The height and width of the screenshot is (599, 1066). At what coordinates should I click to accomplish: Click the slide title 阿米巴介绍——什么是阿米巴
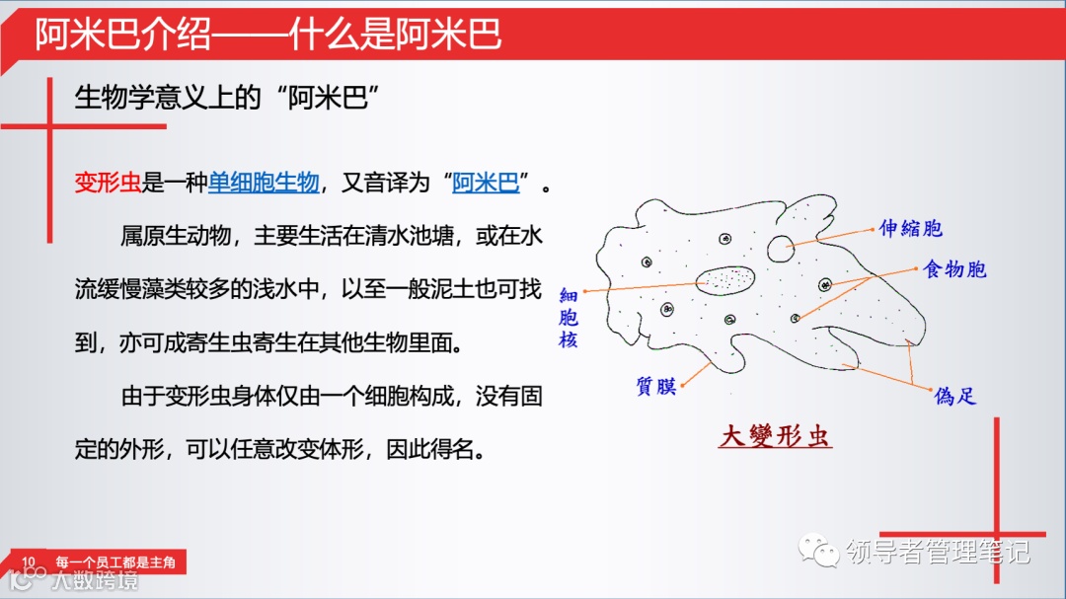pyautogui.click(x=268, y=34)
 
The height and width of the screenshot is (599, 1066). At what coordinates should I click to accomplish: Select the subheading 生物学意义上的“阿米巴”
pyautogui.click(x=227, y=98)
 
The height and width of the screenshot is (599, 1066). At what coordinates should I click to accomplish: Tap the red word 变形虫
pyautogui.click(x=108, y=183)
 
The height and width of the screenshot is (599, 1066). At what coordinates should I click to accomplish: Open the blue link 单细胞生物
pyautogui.click(x=264, y=183)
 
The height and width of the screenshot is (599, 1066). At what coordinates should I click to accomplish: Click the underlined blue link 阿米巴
pyautogui.click(x=486, y=183)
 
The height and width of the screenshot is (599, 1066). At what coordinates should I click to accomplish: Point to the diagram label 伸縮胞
pyautogui.click(x=911, y=229)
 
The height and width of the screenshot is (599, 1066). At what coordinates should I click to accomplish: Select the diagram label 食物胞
pyautogui.click(x=954, y=269)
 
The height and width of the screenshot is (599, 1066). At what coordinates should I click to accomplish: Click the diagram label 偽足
pyautogui.click(x=955, y=396)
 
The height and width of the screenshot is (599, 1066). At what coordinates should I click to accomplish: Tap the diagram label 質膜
pyautogui.click(x=656, y=386)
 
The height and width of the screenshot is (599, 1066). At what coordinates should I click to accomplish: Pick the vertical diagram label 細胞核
pyautogui.click(x=569, y=318)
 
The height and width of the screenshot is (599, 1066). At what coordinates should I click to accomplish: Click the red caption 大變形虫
pyautogui.click(x=775, y=436)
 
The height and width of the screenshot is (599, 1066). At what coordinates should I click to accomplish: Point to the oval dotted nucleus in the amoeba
pyautogui.click(x=726, y=280)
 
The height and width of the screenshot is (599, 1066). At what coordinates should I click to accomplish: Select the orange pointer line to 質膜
pyautogui.click(x=696, y=374)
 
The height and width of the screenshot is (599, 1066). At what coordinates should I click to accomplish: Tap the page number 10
pyautogui.click(x=29, y=562)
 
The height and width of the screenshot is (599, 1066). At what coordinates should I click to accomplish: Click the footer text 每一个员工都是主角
pyautogui.click(x=115, y=562)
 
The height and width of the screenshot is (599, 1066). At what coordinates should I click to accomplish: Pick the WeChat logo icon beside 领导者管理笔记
pyautogui.click(x=818, y=551)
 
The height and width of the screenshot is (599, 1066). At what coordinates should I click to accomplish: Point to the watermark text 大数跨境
pyautogui.click(x=95, y=580)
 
